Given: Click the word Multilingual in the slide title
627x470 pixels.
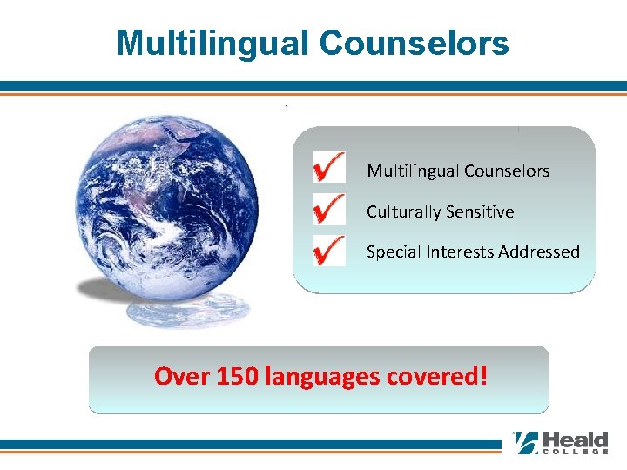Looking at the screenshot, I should pos(207,43).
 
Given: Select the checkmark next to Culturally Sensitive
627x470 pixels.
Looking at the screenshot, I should pos(328,209).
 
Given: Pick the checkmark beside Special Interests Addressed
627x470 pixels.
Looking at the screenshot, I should pos(328,250).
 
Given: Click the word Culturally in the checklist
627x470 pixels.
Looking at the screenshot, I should pos(402,211).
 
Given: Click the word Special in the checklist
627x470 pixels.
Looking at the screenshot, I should pos(392,252).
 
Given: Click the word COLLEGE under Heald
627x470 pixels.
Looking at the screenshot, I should pos(576,453).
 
